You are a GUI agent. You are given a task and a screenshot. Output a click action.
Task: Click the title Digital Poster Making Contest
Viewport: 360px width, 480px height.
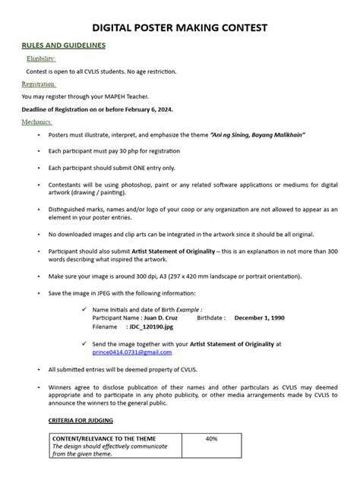180,28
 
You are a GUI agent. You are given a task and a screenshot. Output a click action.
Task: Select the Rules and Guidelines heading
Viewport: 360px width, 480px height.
63,46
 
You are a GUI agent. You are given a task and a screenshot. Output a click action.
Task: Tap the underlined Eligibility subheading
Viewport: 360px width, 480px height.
41,58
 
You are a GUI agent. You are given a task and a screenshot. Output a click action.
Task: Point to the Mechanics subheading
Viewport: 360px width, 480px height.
37,122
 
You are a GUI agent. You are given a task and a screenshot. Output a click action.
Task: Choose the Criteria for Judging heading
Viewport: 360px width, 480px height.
81,420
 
